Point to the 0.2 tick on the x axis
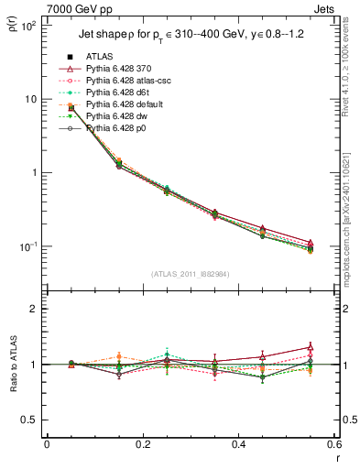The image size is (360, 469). [142, 444]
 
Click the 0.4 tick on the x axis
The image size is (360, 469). [238, 444]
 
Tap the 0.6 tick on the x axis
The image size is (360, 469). [333, 444]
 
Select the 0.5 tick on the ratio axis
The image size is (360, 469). [31, 420]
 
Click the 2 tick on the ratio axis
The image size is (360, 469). [35, 309]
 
